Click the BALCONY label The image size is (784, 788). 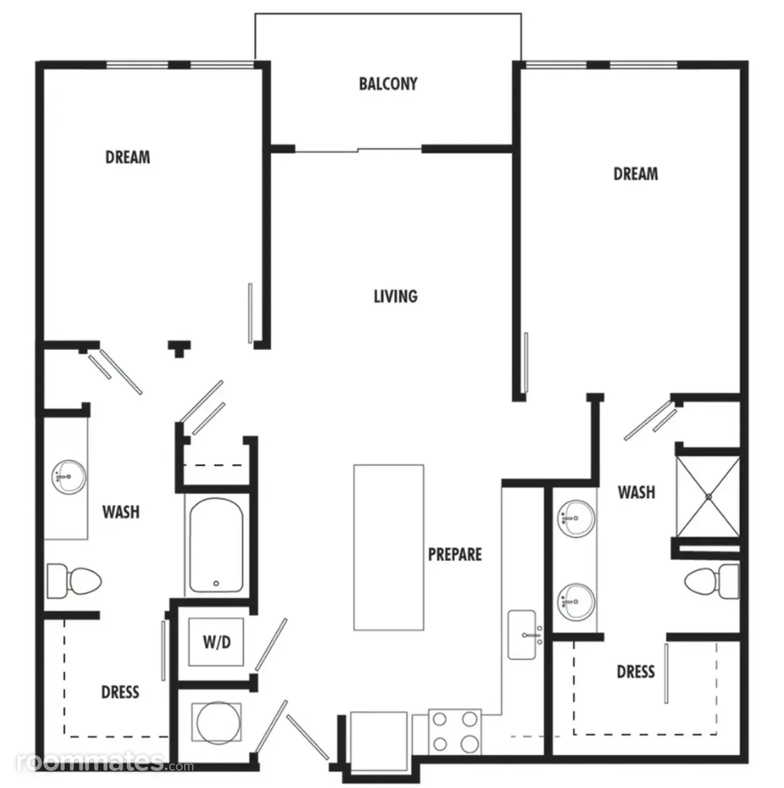click(x=388, y=84)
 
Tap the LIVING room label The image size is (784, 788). click(x=395, y=297)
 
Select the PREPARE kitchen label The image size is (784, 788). click(x=455, y=555)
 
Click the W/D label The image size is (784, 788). click(x=217, y=643)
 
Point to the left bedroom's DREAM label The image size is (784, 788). click(x=127, y=158)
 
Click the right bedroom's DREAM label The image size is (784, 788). click(x=636, y=174)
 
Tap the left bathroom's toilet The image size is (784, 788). click(x=74, y=581)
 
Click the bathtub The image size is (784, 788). click(x=216, y=545)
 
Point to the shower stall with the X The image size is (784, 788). click(x=708, y=496)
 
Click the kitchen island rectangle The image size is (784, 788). click(x=389, y=547)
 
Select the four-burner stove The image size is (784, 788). click(x=455, y=731)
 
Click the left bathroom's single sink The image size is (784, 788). click(x=69, y=477)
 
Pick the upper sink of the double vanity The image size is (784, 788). click(x=576, y=518)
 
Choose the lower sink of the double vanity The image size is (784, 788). click(x=576, y=602)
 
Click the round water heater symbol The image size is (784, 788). click(x=216, y=723)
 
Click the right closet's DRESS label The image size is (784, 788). click(x=636, y=672)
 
